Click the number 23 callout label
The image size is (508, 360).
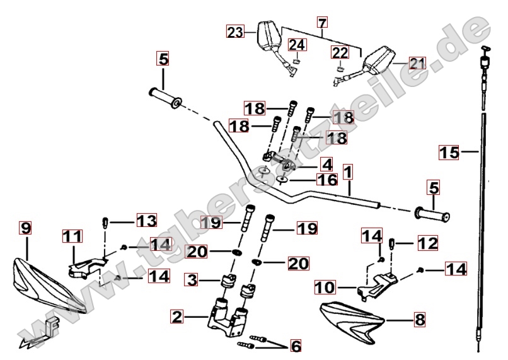point(235,32)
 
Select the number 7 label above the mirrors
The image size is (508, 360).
point(322,24)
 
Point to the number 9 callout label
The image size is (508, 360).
point(25,228)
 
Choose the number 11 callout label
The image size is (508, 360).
point(72,238)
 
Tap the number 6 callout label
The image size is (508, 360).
point(294,345)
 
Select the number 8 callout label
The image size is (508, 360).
point(420,320)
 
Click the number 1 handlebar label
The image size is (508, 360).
point(347,170)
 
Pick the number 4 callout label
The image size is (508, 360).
point(326,165)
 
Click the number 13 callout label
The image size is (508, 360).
point(146,221)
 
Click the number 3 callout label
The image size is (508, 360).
point(192,278)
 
